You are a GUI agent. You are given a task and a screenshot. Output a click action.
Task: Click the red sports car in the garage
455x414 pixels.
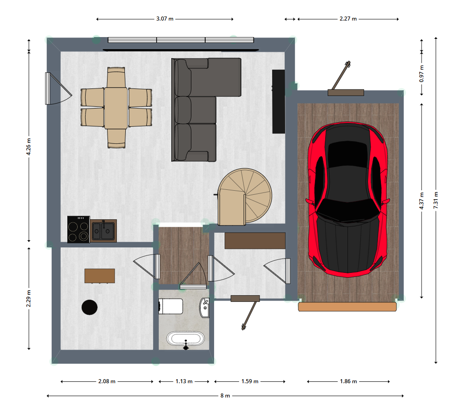[347, 199]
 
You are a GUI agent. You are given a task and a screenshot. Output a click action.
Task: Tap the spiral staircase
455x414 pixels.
[244, 197]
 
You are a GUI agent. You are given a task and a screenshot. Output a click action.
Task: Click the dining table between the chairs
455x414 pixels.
[116, 108]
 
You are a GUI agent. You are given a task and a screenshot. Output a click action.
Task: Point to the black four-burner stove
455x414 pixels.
[79, 229]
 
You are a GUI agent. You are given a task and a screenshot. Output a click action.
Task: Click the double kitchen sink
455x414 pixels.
[103, 231]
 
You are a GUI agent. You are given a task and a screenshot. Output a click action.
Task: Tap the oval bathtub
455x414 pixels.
[186, 339]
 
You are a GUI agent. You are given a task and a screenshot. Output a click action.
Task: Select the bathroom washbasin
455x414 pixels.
[205, 308]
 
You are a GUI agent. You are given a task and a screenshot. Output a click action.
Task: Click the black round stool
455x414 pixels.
[89, 307]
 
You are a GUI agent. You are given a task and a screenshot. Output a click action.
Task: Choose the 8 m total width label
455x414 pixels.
[225, 395]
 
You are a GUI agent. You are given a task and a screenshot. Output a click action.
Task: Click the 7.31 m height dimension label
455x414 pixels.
[436, 200]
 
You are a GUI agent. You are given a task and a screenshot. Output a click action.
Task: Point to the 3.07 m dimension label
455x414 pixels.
[165, 19]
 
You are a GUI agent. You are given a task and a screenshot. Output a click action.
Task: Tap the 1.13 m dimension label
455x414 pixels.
[184, 381]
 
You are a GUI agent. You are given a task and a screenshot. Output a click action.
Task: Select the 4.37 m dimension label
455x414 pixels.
[422, 201]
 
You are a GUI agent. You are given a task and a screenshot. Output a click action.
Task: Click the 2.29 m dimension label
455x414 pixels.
[29, 298]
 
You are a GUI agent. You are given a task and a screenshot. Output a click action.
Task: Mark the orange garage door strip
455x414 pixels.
[347, 307]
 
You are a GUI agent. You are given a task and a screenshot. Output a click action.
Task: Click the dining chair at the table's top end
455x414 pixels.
[116, 77]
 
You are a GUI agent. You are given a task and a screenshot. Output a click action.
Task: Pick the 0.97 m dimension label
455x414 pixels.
[422, 74]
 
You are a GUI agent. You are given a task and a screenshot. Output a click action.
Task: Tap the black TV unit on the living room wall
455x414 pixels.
[278, 101]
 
